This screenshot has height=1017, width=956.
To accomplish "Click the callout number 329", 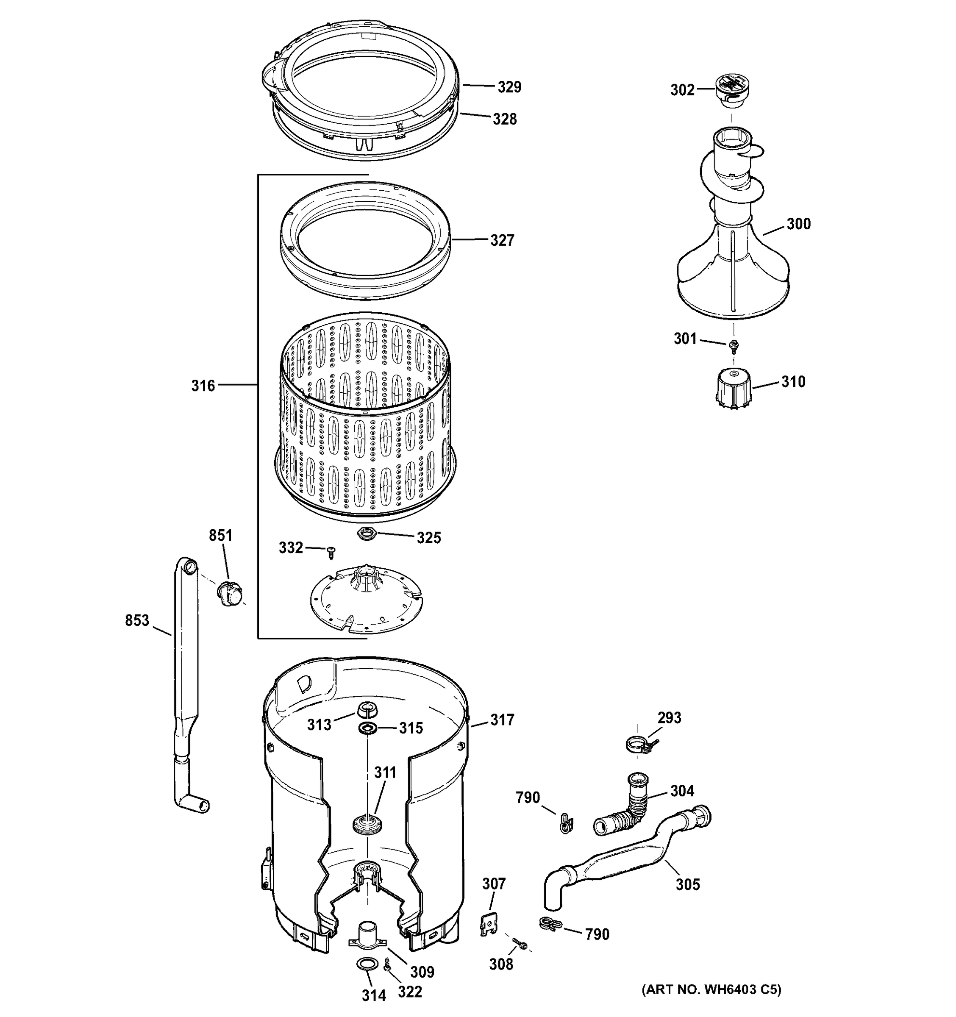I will pyautogui.click(x=509, y=87).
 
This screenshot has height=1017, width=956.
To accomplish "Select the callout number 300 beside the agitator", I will pyautogui.click(x=798, y=224).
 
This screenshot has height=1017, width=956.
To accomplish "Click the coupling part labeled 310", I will pyautogui.click(x=734, y=389).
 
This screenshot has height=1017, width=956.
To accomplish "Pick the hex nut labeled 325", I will pyautogui.click(x=367, y=534).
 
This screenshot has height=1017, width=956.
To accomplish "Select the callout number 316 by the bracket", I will pyautogui.click(x=203, y=386).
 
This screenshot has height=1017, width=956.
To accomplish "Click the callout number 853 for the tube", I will pyautogui.click(x=137, y=620).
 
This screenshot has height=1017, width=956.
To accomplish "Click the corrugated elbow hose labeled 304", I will pyautogui.click(x=625, y=812).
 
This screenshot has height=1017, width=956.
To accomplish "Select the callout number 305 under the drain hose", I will pyautogui.click(x=687, y=884).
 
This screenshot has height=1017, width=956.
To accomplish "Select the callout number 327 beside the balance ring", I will pyautogui.click(x=502, y=240).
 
